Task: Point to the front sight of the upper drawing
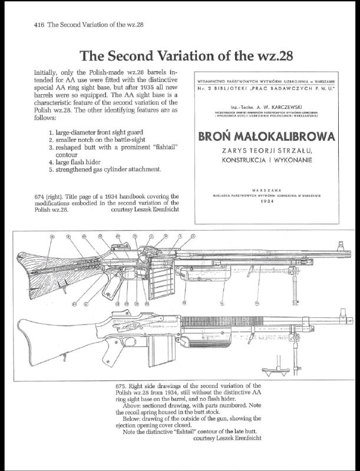pyautogui.click(x=339, y=246)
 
